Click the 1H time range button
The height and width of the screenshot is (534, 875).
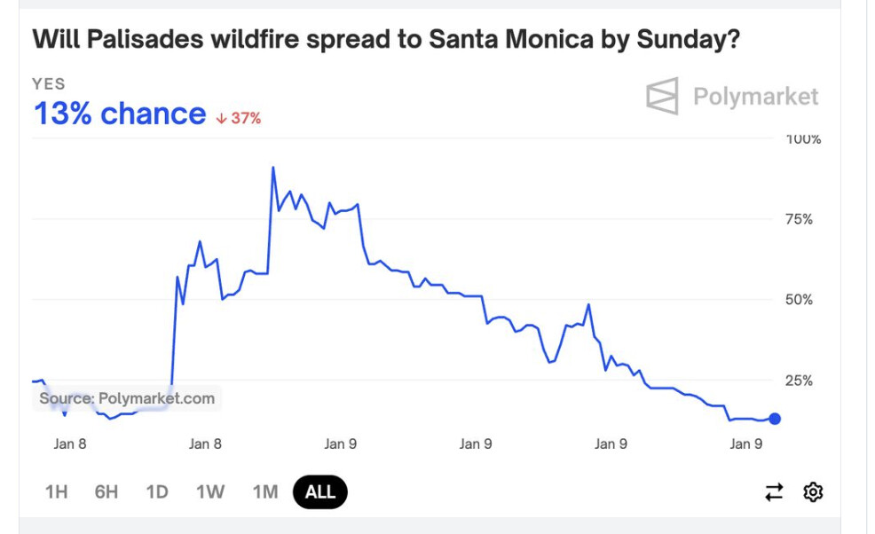(x=57, y=491)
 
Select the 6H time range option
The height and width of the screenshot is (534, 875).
(x=106, y=491)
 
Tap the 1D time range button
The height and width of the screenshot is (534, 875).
(x=157, y=491)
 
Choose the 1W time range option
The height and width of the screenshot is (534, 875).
(x=210, y=491)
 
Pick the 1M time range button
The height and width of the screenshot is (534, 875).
(x=264, y=491)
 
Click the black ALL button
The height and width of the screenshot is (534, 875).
(x=320, y=491)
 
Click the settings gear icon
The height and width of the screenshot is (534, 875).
(x=813, y=491)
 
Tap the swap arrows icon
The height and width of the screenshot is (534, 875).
(x=775, y=491)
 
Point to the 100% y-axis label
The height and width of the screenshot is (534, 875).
(x=804, y=139)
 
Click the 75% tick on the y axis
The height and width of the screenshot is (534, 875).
(x=800, y=219)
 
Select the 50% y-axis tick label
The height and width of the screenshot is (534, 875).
(x=800, y=300)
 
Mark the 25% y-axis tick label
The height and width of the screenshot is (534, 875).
(x=800, y=381)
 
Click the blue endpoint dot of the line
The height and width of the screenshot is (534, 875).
(x=775, y=419)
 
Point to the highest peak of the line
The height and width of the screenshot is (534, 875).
(x=272, y=167)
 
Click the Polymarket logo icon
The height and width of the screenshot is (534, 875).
(x=662, y=96)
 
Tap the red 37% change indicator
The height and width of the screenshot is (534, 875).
(x=239, y=118)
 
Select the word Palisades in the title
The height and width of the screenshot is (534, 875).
(x=151, y=40)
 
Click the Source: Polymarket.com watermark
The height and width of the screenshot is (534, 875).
(x=127, y=398)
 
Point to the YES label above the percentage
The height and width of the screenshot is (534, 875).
(x=49, y=83)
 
